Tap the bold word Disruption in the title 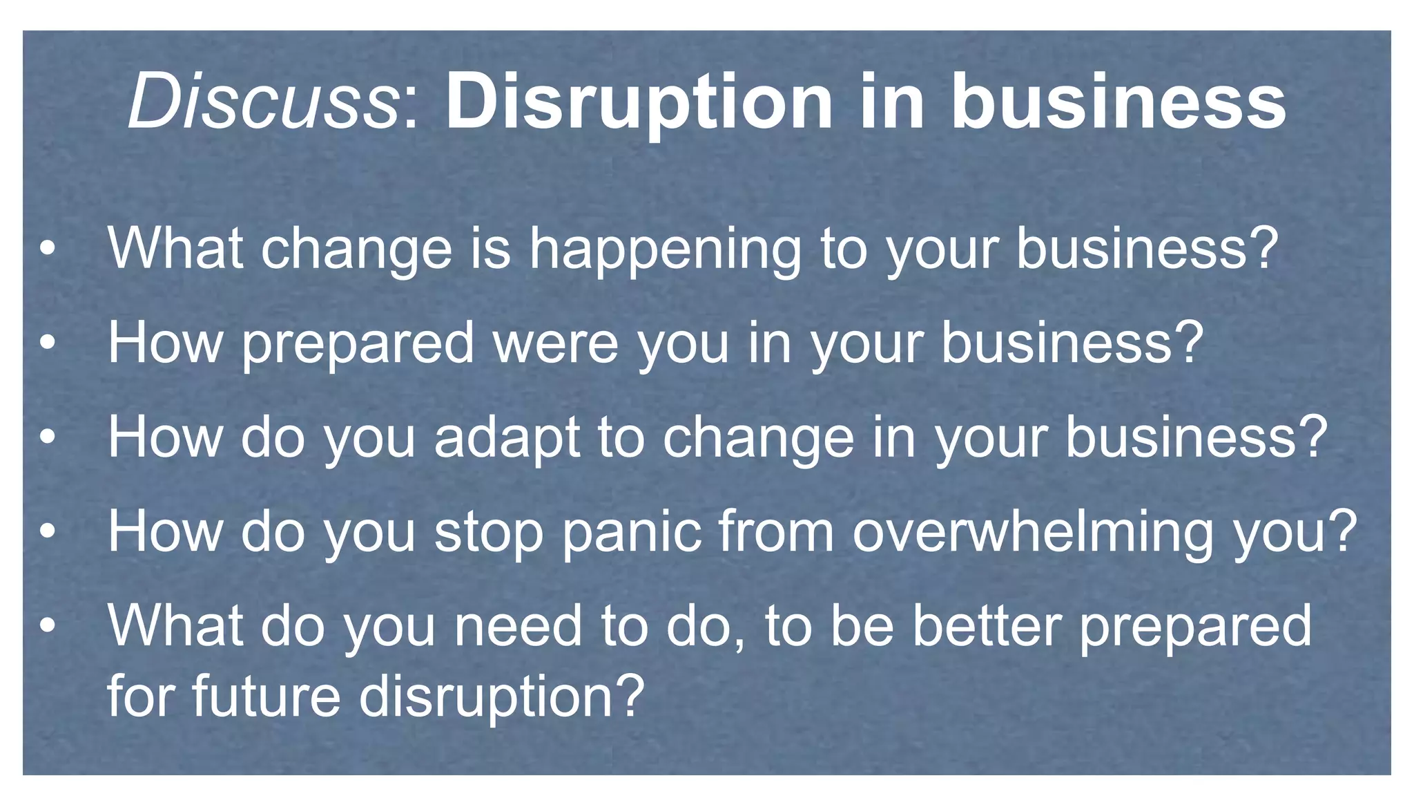click(639, 104)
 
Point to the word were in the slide click(555, 343)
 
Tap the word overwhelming click(1032, 533)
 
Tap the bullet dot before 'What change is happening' click(47, 250)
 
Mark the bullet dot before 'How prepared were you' click(47, 343)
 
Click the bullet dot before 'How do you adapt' click(47, 438)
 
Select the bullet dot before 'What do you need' click(47, 626)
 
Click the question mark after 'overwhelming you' click(1343, 531)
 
